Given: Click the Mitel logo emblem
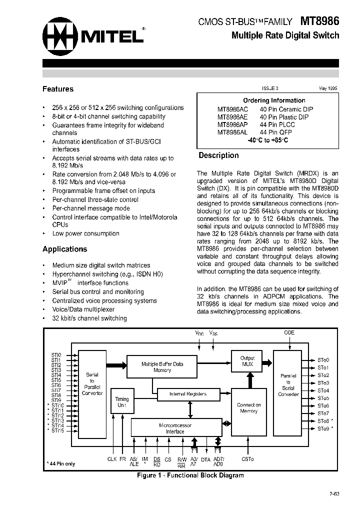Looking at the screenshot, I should tap(58, 36).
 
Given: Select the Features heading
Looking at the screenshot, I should tap(58, 89).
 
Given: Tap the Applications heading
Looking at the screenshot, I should tap(64, 249).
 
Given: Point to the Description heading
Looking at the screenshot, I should tap(218, 155).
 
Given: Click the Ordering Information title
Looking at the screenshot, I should tap(274, 100).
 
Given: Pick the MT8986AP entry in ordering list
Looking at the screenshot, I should tap(232, 124).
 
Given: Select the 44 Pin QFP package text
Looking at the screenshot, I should tap(276, 132).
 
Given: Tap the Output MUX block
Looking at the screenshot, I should tap(247, 361).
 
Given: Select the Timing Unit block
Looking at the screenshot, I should tap(121, 402).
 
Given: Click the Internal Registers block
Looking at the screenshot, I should tap(188, 394).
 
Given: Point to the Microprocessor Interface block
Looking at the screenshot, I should tap(175, 428).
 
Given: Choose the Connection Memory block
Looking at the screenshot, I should tap(248, 408).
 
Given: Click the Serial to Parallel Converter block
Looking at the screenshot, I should tap(92, 383).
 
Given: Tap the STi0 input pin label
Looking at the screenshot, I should tap(55, 355).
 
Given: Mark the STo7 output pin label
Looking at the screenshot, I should tap(323, 413).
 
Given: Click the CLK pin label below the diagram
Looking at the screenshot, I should tap(111, 459).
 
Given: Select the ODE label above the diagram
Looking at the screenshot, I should tap(289, 332).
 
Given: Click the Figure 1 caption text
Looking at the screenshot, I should tap(190, 475).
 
